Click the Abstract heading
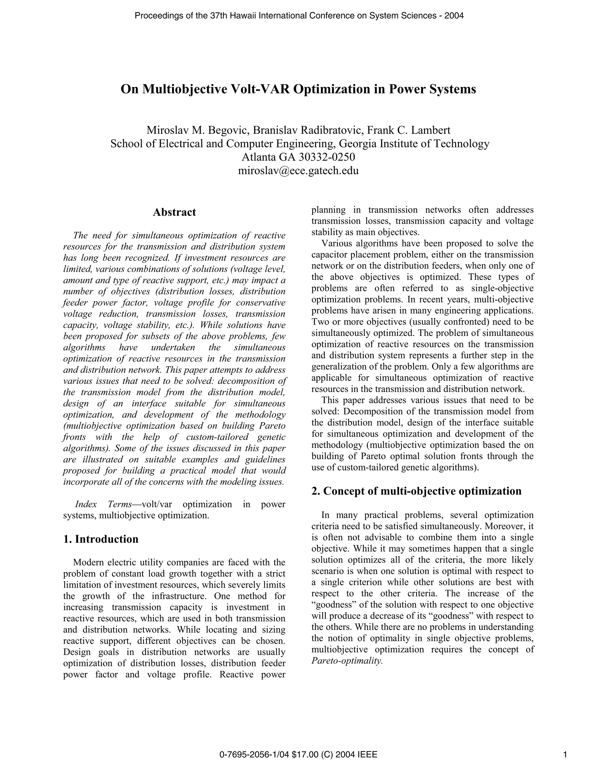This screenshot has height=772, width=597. pos(174,212)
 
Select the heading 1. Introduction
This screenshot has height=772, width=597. pos(101,539)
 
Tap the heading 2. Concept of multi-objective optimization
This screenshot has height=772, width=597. pos(416,491)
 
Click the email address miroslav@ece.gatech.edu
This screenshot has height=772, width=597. pos(298,171)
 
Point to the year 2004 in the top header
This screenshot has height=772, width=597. pos(454,15)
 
